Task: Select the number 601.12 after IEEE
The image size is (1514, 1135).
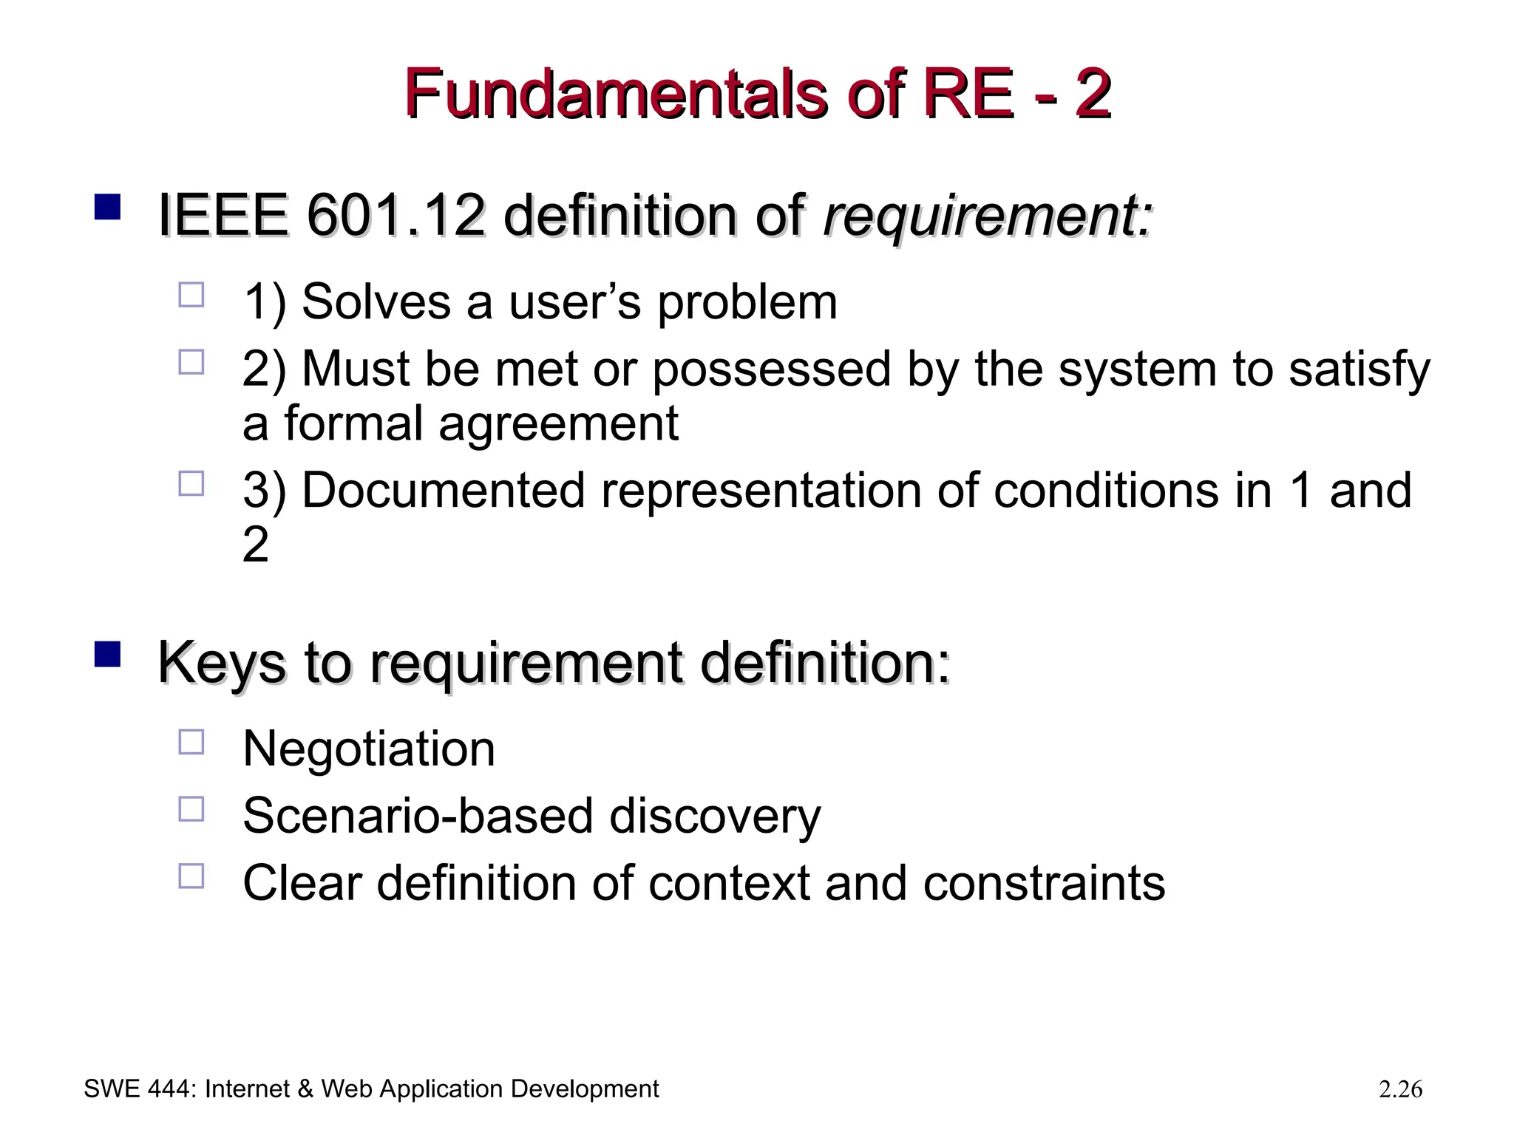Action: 396,216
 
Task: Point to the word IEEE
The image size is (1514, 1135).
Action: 223,216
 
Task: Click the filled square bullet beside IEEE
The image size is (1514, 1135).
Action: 108,208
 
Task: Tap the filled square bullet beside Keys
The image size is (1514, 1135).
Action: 108,655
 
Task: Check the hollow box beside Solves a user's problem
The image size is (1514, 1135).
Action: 191,295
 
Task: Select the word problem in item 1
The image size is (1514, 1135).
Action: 747,303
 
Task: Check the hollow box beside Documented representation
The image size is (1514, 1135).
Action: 191,484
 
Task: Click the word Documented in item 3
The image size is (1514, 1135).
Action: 443,491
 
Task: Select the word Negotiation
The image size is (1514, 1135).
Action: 369,749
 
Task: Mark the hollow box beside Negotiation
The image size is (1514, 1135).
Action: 191,742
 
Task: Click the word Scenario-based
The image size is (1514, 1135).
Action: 418,816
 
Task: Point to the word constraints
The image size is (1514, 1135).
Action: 1044,883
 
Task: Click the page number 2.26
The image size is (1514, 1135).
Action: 1400,1089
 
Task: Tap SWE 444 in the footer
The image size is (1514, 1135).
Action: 138,1089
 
